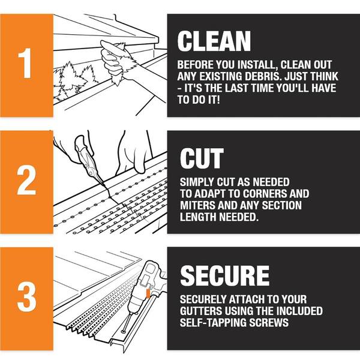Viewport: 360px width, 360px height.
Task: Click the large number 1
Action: (x=25, y=63)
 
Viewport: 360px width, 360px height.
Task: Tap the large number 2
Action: (x=26, y=180)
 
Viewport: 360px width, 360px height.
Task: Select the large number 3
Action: (x=26, y=296)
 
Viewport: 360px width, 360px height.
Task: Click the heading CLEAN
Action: (x=214, y=41)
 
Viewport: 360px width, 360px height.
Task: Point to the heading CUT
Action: (x=202, y=158)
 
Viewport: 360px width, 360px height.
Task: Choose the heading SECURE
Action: (x=225, y=275)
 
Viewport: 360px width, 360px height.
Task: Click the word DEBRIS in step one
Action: (x=263, y=76)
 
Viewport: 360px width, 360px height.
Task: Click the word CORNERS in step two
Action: (x=265, y=194)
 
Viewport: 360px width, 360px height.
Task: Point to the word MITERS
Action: (x=197, y=205)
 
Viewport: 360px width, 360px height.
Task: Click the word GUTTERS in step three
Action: (x=200, y=311)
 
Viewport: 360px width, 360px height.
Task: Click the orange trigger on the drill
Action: (x=148, y=293)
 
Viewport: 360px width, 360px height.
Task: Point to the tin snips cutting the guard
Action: (x=89, y=161)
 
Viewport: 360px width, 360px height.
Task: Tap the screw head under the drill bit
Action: (x=124, y=331)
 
